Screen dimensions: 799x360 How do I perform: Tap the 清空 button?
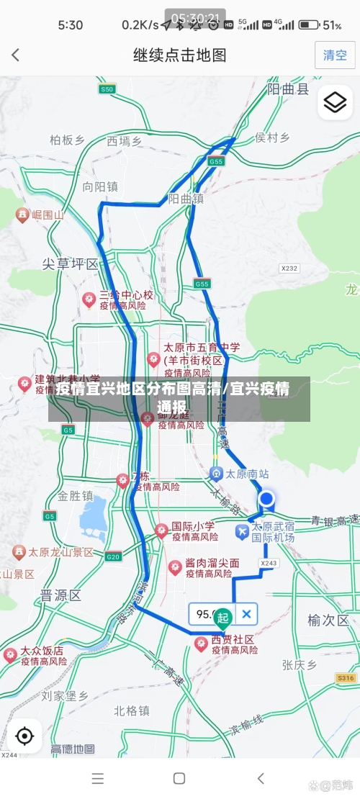click(335, 55)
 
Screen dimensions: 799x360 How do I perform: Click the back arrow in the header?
click(16, 55)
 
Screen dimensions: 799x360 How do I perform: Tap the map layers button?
click(335, 103)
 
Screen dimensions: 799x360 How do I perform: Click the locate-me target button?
click(24, 736)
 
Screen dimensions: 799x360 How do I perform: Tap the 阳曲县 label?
click(288, 89)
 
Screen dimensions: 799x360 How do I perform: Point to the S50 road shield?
click(107, 89)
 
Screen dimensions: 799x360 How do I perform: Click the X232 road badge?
click(289, 268)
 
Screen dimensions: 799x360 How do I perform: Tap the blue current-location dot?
click(266, 499)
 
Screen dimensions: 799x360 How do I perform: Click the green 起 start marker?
click(223, 617)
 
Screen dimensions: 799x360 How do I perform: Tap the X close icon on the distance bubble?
click(246, 614)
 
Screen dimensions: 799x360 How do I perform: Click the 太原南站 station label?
click(247, 474)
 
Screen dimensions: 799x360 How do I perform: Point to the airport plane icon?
click(242, 531)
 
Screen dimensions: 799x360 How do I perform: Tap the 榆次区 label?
click(328, 620)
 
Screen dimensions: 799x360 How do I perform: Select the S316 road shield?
click(346, 678)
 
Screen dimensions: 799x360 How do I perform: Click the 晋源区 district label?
click(60, 595)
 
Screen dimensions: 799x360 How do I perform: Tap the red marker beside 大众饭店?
click(10, 654)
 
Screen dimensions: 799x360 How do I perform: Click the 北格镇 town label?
click(131, 710)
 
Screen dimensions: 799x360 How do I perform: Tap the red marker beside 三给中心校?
click(89, 299)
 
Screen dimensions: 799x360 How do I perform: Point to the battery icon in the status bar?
click(309, 24)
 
